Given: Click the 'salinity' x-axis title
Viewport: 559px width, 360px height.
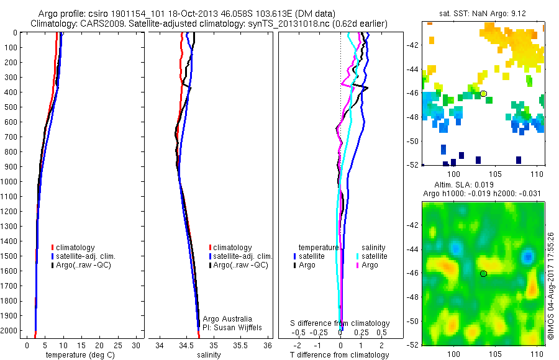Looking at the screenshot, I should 209,355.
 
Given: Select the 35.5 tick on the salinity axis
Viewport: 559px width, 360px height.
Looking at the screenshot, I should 241,345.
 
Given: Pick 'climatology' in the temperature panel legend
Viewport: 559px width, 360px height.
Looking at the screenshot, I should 78,248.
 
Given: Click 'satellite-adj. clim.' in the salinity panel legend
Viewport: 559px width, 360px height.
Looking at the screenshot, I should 243,256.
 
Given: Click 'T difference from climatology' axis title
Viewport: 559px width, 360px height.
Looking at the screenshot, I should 340,355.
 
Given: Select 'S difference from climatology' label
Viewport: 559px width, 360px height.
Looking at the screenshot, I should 340,323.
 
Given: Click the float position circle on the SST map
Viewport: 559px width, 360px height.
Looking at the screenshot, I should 483,94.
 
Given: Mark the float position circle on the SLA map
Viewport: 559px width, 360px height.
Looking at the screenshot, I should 483,273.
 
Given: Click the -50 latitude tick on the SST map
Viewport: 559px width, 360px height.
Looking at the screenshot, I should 412,141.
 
